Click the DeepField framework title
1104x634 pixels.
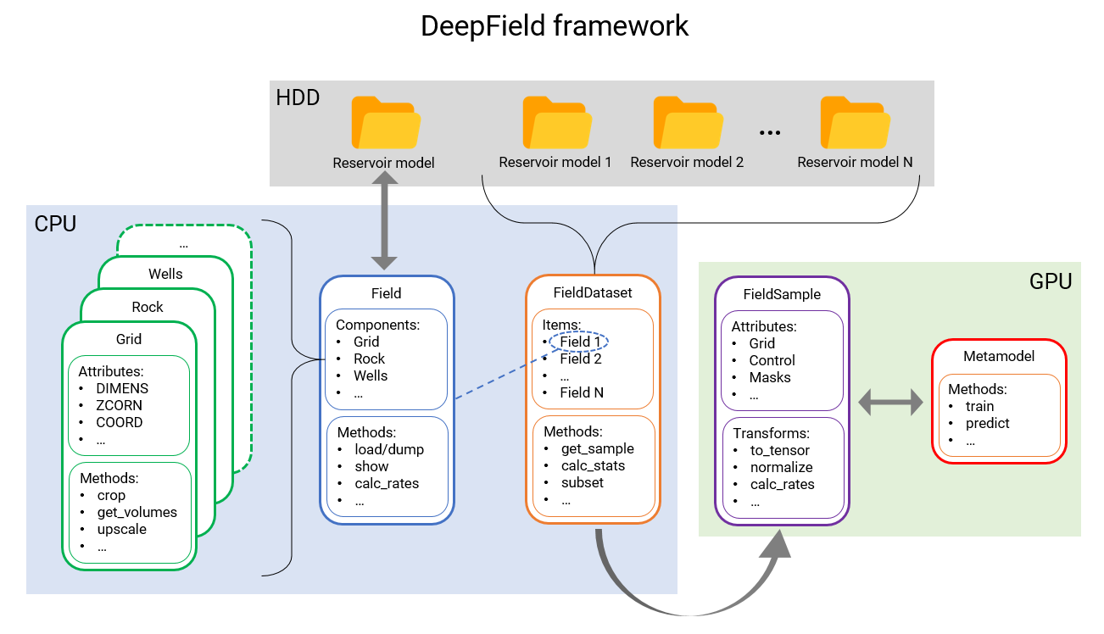coord(555,26)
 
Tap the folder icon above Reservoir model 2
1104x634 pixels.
coord(688,122)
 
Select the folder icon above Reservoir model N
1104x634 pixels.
coord(855,122)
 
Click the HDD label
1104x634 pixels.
coord(298,97)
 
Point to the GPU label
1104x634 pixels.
coord(1051,281)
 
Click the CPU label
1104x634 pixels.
coord(55,224)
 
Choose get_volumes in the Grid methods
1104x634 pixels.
coord(137,512)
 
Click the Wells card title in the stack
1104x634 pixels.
coord(165,274)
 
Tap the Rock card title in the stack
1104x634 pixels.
coord(148,307)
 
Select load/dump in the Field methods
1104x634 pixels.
coord(389,449)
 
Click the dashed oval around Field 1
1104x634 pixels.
coord(580,342)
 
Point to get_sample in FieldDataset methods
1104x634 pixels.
coord(597,448)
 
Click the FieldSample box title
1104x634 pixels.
coord(782,294)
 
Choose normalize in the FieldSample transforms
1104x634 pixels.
coord(781,467)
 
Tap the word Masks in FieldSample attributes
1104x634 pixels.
coord(770,377)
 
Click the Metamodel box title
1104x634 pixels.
coord(999,357)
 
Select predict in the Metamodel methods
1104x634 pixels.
coord(988,423)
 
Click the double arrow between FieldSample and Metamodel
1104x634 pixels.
coord(890,403)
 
